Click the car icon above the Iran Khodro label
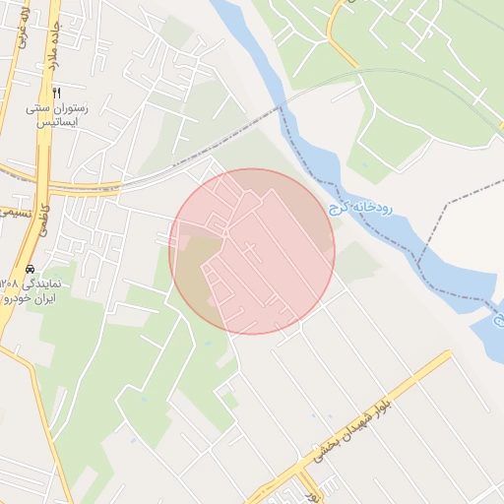point(31,268)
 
